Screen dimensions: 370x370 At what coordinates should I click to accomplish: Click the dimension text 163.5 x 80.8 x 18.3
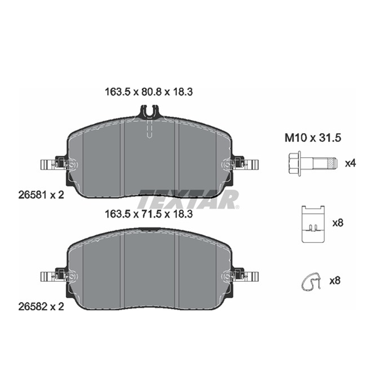149,92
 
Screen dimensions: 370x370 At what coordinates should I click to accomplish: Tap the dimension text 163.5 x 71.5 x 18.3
149,214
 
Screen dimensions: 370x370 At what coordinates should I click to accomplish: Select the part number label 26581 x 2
41,195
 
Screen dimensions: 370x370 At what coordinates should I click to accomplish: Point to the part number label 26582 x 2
41,306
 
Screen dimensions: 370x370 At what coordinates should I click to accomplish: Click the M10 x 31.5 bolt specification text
313,138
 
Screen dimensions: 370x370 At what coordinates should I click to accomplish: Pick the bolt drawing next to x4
313,163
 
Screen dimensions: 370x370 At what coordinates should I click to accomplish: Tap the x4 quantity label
350,163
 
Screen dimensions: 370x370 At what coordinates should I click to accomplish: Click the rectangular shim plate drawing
313,224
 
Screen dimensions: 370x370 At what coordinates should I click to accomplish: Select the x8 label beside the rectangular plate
338,223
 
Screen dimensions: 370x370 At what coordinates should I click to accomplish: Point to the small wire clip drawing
311,281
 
